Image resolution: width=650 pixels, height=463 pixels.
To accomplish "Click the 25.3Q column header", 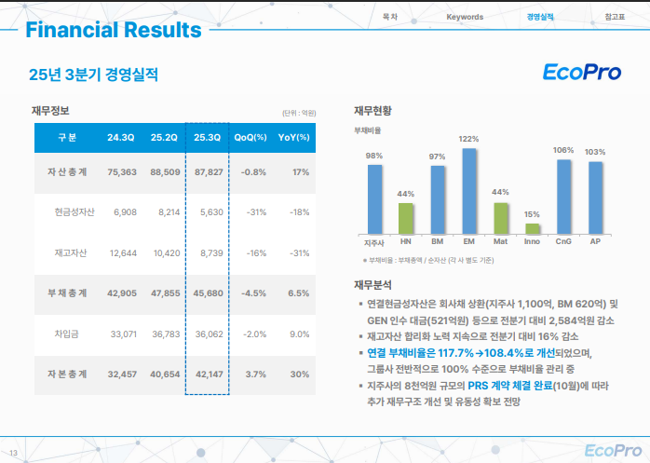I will (x=207, y=138).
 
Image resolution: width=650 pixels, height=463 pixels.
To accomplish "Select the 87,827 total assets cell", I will (x=207, y=172).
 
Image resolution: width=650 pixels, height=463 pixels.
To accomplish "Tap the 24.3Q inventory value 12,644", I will (x=122, y=252).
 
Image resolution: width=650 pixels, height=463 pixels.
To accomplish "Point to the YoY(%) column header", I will (x=293, y=138).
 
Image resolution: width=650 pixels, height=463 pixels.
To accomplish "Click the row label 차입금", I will (x=69, y=333).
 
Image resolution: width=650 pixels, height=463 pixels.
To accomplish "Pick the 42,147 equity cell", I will (x=207, y=374).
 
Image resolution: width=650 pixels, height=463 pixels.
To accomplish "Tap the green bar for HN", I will (x=405, y=217).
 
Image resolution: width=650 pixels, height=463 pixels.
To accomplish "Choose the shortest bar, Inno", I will (x=532, y=226).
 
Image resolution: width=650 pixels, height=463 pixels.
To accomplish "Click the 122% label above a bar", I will (x=468, y=139).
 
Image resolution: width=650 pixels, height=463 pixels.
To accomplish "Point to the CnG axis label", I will (x=563, y=241).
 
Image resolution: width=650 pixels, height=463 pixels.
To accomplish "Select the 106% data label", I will (x=563, y=150).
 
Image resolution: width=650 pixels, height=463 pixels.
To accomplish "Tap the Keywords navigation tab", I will (x=465, y=17).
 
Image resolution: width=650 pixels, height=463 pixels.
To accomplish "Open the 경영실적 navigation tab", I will (x=540, y=17).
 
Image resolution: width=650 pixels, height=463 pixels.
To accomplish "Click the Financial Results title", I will (x=114, y=30).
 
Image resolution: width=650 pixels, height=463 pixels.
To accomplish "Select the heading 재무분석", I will (x=372, y=285).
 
